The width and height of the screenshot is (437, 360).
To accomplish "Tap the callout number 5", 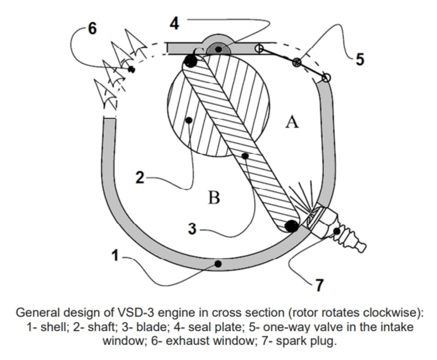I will coord(359,59).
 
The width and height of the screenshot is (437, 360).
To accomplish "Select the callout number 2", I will coord(140,178).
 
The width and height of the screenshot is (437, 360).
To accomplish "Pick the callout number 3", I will coord(192,229).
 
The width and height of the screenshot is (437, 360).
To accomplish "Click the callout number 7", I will coord(319,285).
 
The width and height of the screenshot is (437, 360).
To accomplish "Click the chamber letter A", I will coord(292,123).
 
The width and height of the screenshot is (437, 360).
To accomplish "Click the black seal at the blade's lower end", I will coord(291,225).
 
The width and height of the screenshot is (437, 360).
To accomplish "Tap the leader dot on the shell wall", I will coord(218,263).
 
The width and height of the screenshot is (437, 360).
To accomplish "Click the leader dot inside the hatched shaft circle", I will coord(189,119).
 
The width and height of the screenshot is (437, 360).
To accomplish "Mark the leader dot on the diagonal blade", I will coord(246,156).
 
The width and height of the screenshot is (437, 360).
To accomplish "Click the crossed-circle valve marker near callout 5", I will coord(297,62).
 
